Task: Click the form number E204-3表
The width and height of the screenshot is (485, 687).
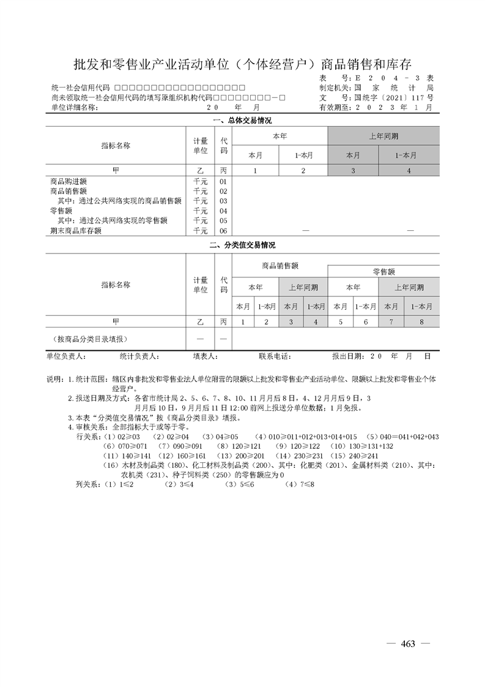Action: (394, 78)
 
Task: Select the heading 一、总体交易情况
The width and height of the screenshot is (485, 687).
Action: (242, 120)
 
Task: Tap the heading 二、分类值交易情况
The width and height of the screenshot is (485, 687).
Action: (242, 245)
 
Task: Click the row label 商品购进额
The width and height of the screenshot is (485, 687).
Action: (68, 182)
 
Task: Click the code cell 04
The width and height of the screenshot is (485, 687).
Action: (223, 211)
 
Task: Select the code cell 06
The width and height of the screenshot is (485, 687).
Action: (223, 231)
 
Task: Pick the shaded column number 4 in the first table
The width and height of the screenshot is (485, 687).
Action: (409, 171)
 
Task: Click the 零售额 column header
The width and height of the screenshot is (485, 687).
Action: (383, 271)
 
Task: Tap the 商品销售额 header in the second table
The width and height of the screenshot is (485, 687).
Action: (280, 266)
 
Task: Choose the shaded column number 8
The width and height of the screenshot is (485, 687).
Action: (421, 321)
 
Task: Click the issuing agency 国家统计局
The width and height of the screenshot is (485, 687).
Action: (394, 88)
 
